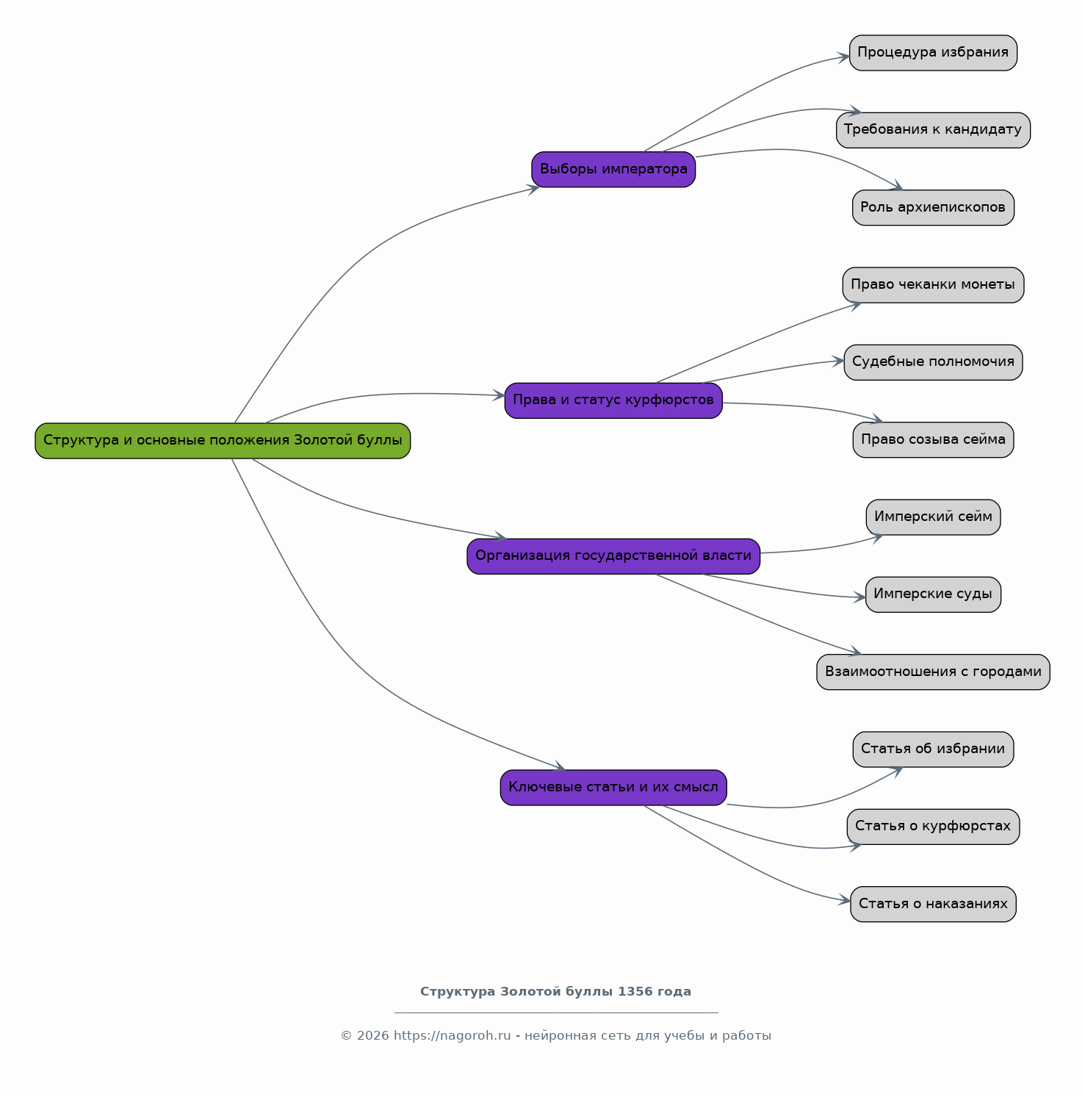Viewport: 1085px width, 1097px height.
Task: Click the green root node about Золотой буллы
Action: (x=223, y=441)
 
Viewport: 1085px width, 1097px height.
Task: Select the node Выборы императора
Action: (x=613, y=169)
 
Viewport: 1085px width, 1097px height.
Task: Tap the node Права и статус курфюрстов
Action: (x=613, y=400)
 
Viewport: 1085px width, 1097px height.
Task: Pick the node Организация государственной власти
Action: (x=613, y=556)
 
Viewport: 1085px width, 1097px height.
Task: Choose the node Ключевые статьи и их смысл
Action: (x=613, y=788)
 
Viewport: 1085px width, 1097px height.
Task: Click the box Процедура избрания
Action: (x=933, y=53)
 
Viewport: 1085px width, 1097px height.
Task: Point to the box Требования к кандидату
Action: (x=933, y=130)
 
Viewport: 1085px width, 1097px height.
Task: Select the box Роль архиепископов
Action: (x=933, y=208)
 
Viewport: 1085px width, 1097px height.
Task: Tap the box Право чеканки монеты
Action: (x=933, y=285)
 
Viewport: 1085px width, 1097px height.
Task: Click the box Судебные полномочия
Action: (x=933, y=362)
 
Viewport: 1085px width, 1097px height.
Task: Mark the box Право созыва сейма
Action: (x=933, y=440)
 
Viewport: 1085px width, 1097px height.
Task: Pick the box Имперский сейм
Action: (x=933, y=517)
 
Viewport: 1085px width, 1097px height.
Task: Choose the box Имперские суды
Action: (x=933, y=594)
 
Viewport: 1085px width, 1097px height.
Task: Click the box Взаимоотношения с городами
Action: (x=933, y=672)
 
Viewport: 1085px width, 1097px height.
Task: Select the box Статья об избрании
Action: (x=933, y=749)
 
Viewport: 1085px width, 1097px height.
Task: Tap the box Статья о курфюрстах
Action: (x=933, y=827)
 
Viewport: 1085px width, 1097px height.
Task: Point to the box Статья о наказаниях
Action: (x=933, y=904)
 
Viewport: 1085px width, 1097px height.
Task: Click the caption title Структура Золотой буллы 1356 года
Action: (x=555, y=992)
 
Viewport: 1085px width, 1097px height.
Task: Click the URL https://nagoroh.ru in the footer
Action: (x=452, y=1036)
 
